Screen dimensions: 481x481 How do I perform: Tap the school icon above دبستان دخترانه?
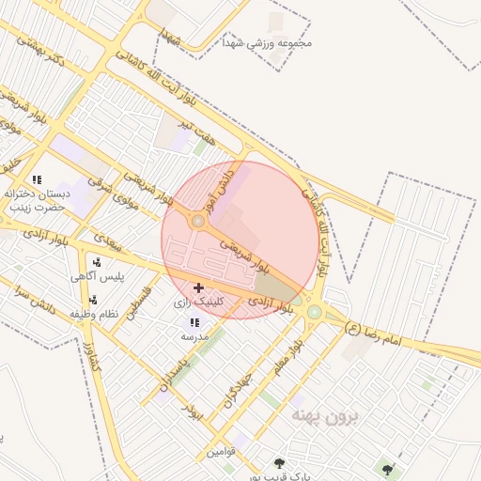[x=37, y=178]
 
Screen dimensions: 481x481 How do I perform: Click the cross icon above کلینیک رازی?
[x=198, y=287]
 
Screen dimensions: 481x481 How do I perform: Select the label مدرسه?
[x=194, y=335]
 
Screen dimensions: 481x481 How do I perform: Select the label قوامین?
[x=222, y=452]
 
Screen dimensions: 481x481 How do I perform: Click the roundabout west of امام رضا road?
[x=315, y=312]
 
